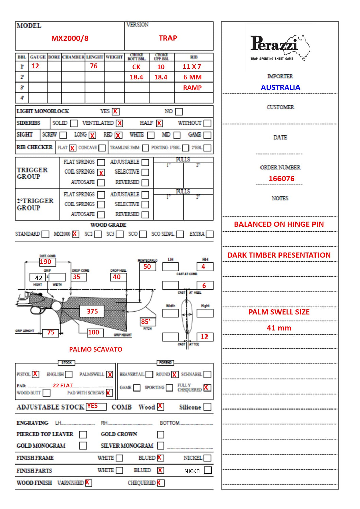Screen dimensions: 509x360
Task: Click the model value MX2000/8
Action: pyautogui.click(x=70, y=38)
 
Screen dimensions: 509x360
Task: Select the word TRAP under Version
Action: pyautogui.click(x=168, y=38)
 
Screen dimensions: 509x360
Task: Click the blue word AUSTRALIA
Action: pyautogui.click(x=280, y=87)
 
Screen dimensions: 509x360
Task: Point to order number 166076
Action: pyautogui.click(x=281, y=179)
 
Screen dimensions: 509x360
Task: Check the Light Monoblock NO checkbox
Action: pyautogui.click(x=179, y=111)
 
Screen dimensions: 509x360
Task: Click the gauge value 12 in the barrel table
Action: pyautogui.click(x=35, y=66)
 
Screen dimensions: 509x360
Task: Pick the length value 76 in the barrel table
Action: pyautogui.click(x=94, y=66)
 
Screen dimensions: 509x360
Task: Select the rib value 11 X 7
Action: pyautogui.click(x=192, y=67)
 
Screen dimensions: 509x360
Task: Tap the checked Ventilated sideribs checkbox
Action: pyautogui.click(x=120, y=123)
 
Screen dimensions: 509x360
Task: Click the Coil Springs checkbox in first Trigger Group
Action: pyautogui.click(x=101, y=172)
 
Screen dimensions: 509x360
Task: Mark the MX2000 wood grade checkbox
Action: pyautogui.click(x=75, y=234)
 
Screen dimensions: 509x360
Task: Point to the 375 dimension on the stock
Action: pyautogui.click(x=92, y=311)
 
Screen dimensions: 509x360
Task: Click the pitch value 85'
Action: pyautogui.click(x=146, y=322)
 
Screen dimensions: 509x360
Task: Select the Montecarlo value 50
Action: pyautogui.click(x=147, y=267)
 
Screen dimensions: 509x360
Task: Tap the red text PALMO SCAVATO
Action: pyautogui.click(x=95, y=349)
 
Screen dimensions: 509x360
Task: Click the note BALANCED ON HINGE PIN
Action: pyautogui.click(x=279, y=224)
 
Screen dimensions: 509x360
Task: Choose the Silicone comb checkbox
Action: pyautogui.click(x=208, y=407)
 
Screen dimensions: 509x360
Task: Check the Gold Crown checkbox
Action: pyautogui.click(x=161, y=434)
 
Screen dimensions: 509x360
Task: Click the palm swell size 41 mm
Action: pyautogui.click(x=279, y=328)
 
